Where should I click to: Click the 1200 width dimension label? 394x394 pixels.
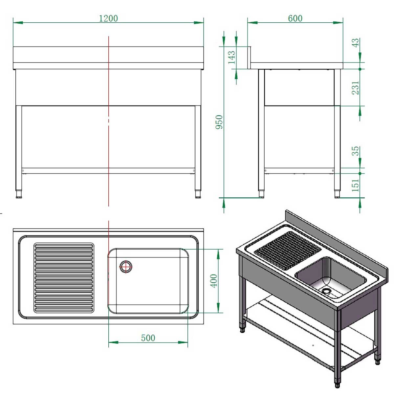click(108, 18)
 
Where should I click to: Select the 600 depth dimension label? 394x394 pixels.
click(295, 18)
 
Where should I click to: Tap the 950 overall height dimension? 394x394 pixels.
click(219, 122)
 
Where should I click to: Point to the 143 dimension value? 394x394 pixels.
click(231, 57)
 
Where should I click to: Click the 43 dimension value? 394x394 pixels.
click(356, 43)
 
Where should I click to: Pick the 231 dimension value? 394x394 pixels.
click(356, 88)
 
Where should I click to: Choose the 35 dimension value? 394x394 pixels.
click(356, 151)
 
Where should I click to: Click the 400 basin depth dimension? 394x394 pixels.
click(213, 281)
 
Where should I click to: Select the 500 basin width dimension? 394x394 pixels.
click(148, 338)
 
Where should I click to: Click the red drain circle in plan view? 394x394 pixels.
click(125, 267)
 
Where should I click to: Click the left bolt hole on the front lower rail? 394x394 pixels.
click(23, 170)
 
